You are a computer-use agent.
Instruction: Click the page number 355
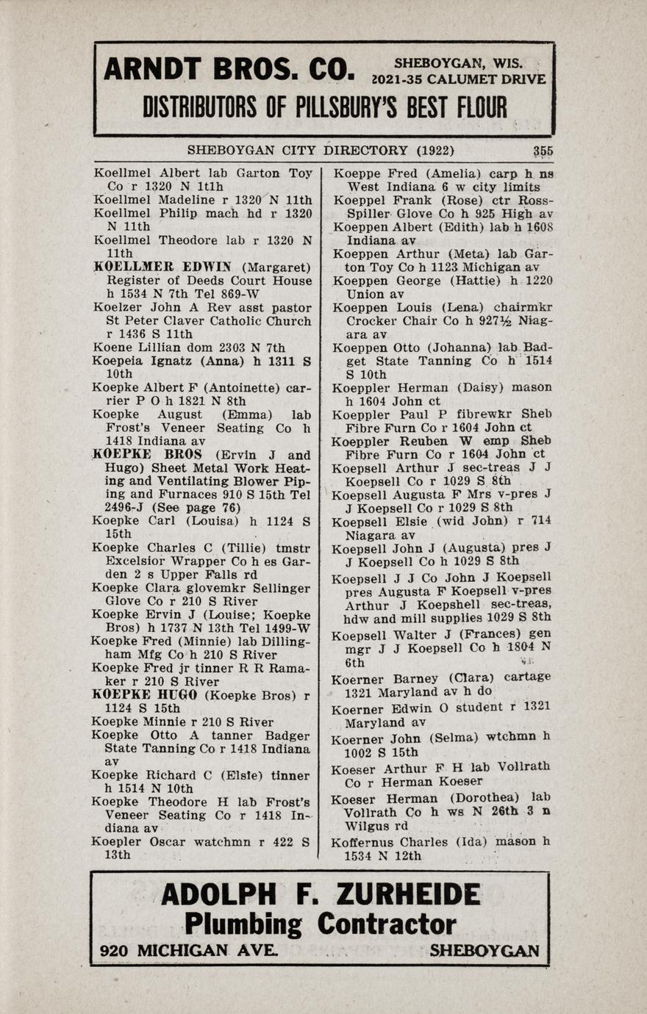tap(543, 151)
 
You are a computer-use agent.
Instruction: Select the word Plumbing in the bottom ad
tap(243, 924)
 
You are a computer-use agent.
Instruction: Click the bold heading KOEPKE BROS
tap(147, 455)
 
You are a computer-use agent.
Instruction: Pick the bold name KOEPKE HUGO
tap(147, 694)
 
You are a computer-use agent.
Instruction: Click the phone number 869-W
tap(289, 294)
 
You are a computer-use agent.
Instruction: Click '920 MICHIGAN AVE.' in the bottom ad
tap(189, 950)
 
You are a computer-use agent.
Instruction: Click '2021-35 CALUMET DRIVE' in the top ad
tap(460, 79)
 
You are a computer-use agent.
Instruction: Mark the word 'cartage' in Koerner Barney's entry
tap(523, 677)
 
